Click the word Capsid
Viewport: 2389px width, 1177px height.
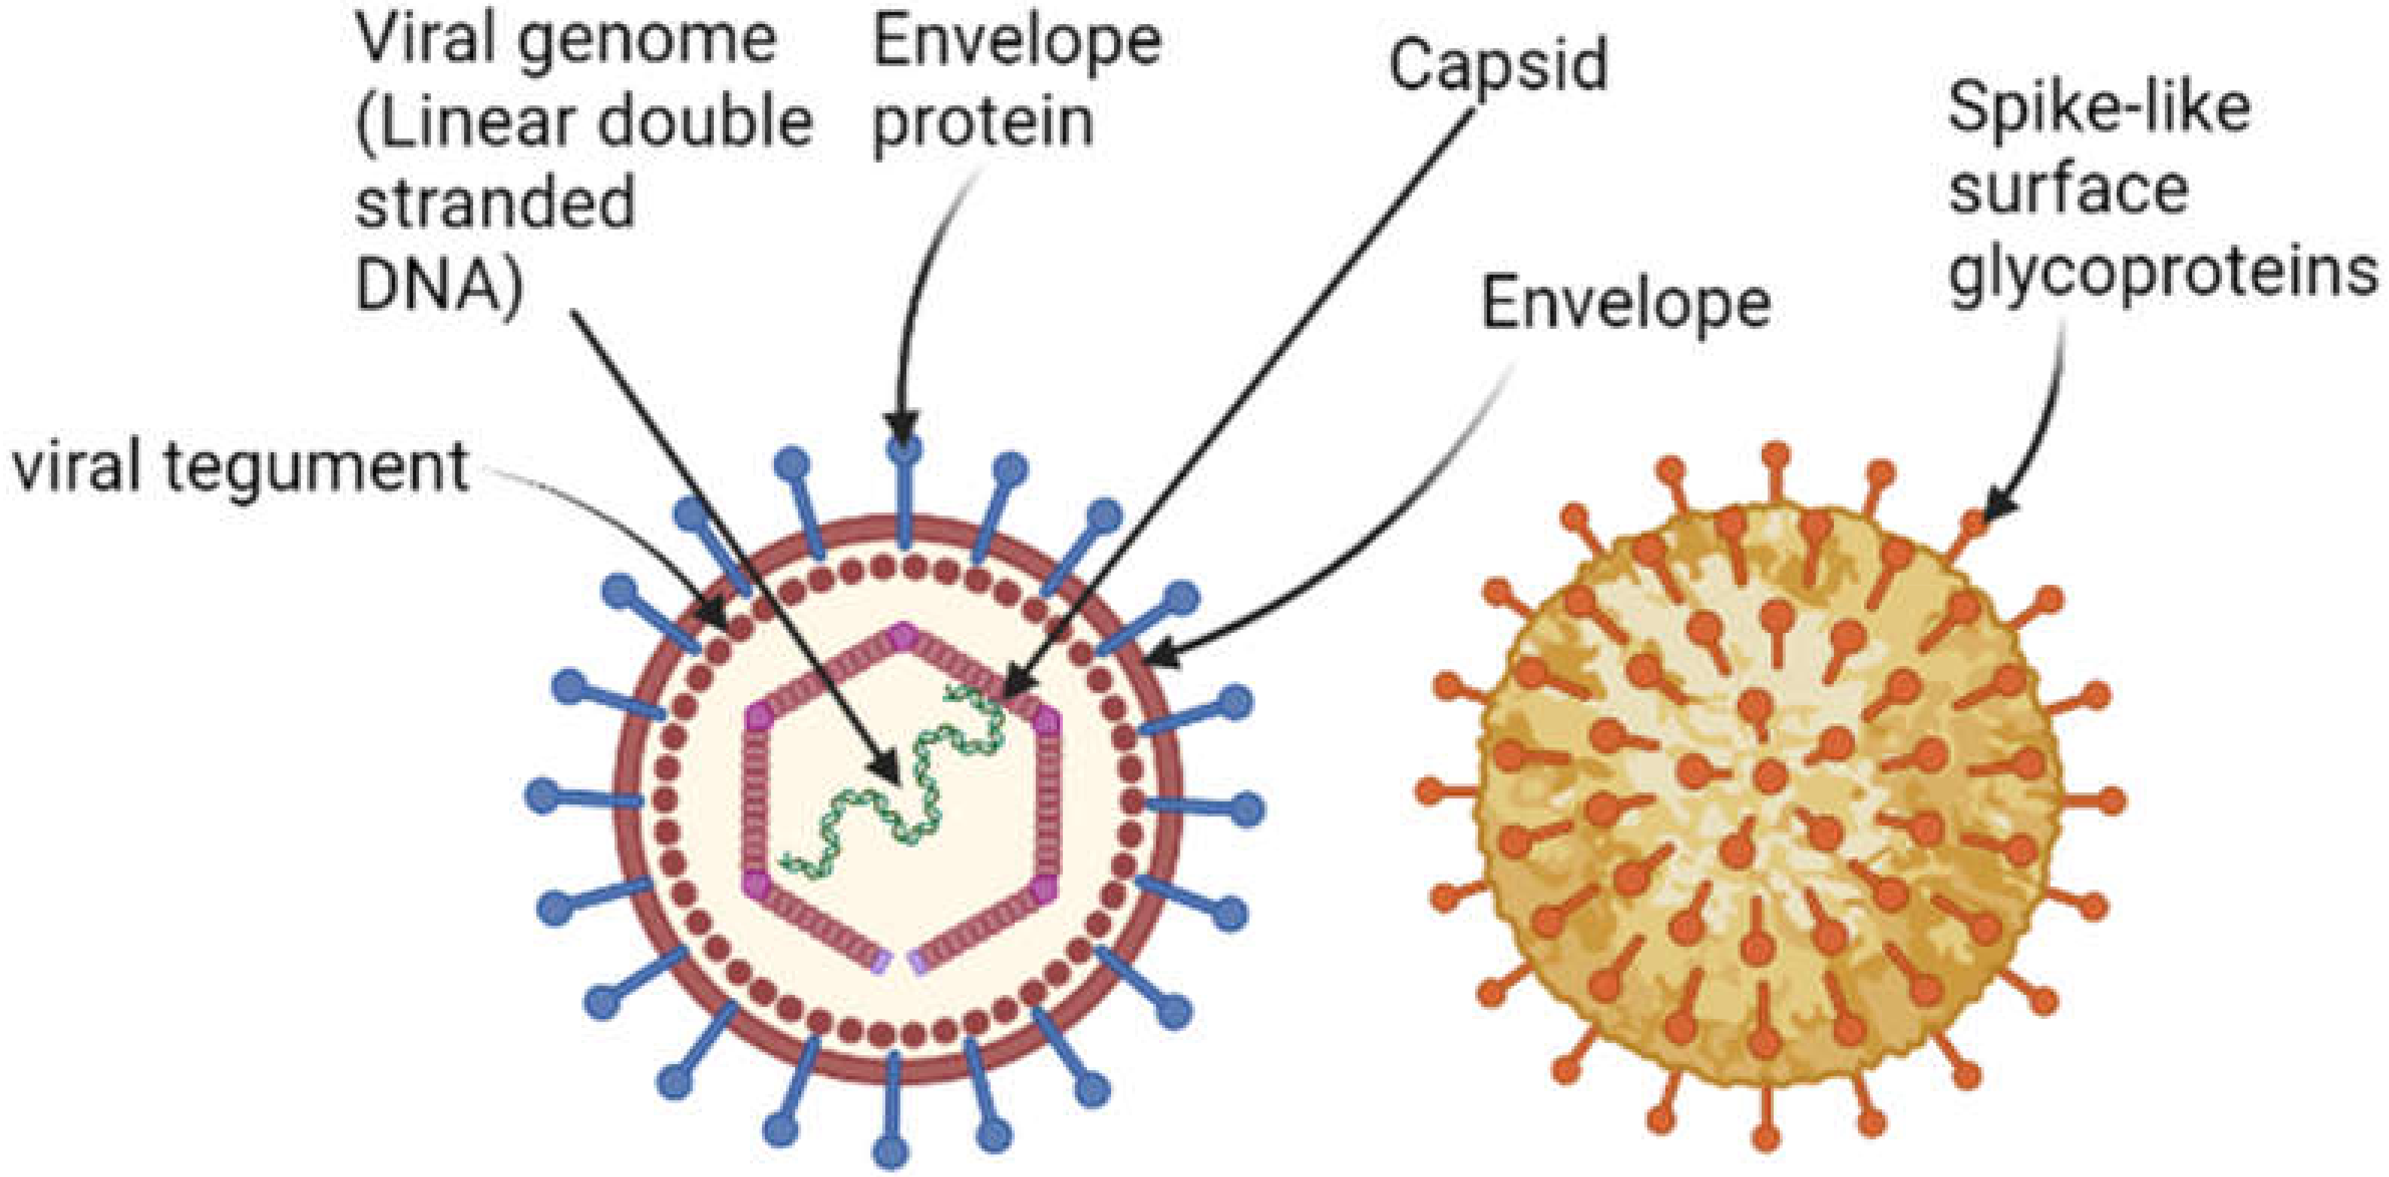point(1498,65)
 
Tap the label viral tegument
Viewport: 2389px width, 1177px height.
point(239,466)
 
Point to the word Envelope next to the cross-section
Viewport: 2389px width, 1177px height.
point(1626,303)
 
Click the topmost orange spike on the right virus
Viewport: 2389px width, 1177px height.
point(1775,456)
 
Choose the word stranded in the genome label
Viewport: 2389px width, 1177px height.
point(495,204)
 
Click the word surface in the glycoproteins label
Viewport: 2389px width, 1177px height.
point(2068,192)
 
